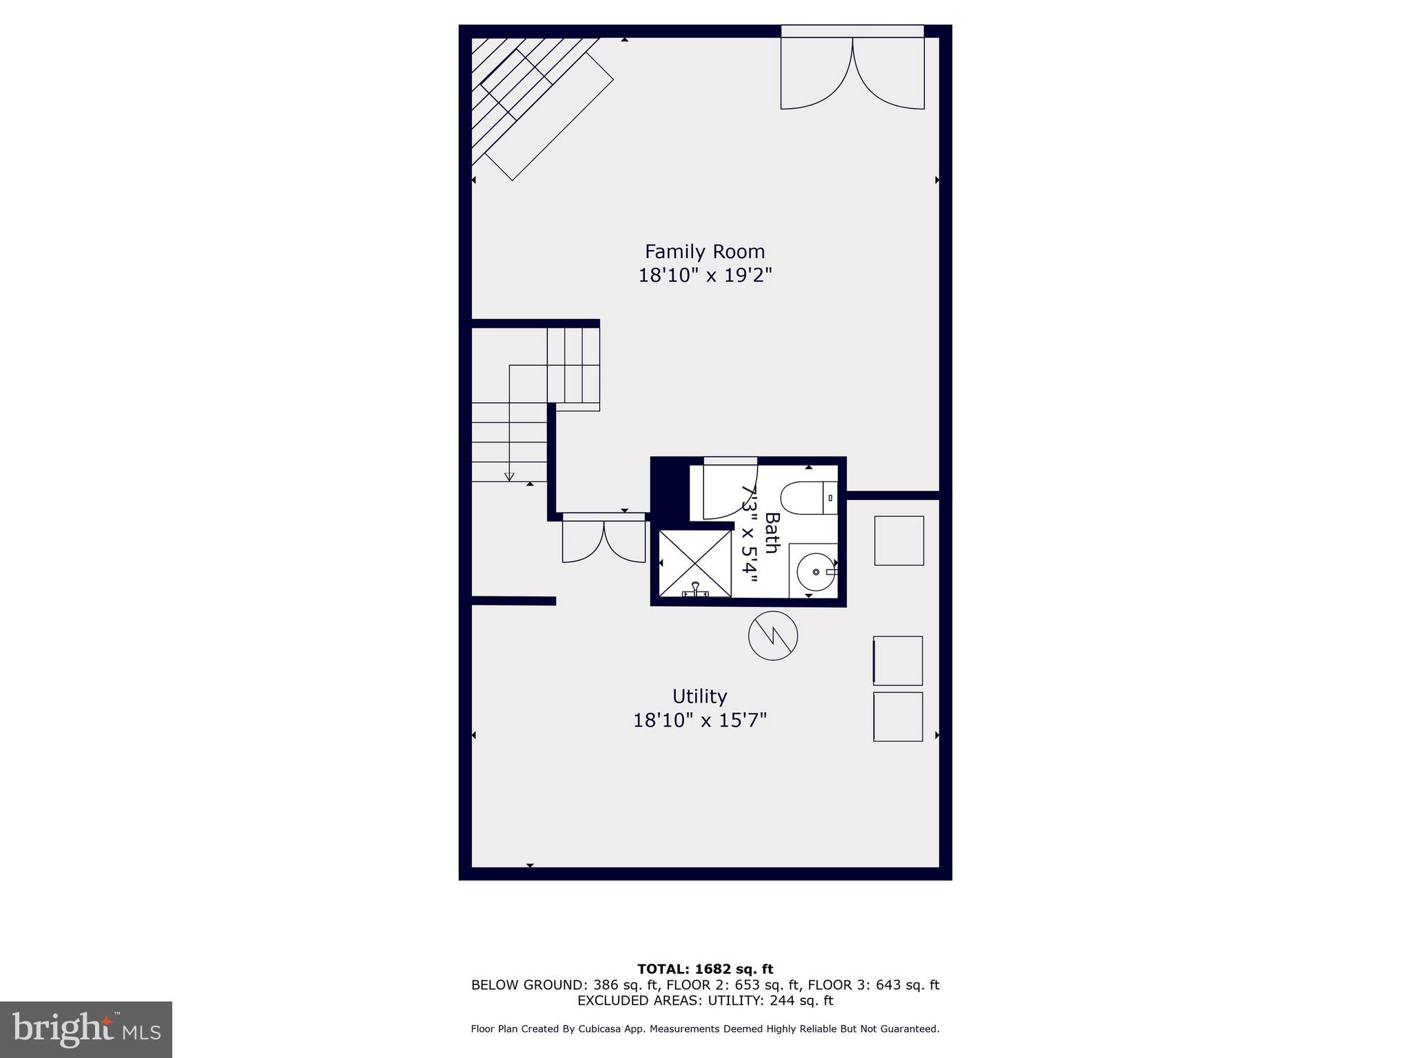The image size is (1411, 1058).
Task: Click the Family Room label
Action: click(x=704, y=251)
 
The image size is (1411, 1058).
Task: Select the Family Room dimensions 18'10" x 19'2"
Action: click(x=704, y=276)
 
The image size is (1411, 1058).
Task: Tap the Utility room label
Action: click(x=699, y=696)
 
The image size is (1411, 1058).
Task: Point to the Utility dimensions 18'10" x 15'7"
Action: click(x=699, y=720)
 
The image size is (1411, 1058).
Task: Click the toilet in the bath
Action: click(x=806, y=497)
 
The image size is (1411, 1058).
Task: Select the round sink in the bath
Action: click(x=816, y=572)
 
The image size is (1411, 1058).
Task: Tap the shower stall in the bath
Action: click(x=694, y=563)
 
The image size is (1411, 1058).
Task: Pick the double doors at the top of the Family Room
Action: click(x=852, y=72)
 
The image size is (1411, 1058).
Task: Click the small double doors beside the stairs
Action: click(x=604, y=540)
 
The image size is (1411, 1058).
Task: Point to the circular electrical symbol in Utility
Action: click(x=773, y=635)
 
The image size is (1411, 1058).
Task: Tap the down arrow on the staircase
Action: click(x=509, y=475)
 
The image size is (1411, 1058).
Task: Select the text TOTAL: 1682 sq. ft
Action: click(x=705, y=969)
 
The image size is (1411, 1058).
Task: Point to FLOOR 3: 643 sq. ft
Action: click(x=873, y=985)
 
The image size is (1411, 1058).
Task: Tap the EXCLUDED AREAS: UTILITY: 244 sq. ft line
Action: click(x=705, y=1000)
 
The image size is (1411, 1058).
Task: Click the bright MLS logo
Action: click(x=86, y=1029)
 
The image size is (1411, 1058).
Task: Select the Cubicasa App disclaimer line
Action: click(x=705, y=1028)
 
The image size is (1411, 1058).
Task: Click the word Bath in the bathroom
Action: click(x=772, y=532)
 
